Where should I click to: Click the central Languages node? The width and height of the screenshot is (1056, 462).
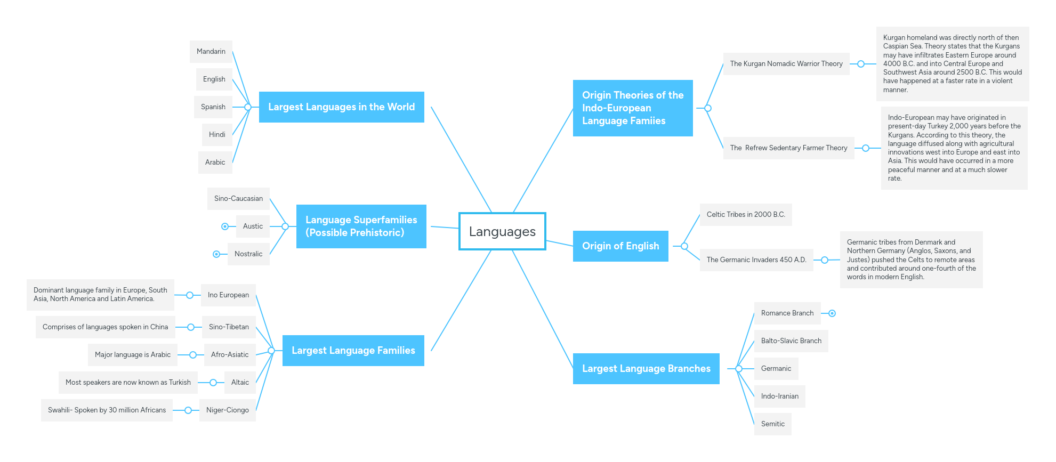point(502,231)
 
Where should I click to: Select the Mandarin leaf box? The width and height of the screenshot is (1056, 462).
point(211,52)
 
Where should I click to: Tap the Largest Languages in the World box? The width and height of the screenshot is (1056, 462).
point(341,107)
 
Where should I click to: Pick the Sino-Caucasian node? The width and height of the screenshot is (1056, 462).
point(238,199)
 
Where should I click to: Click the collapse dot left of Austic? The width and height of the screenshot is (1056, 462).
point(225,226)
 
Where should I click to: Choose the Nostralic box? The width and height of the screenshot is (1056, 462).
point(248,254)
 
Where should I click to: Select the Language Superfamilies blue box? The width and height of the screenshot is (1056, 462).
point(361,226)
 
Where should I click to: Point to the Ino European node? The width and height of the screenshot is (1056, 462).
point(228,295)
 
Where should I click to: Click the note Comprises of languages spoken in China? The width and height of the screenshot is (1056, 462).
point(105,327)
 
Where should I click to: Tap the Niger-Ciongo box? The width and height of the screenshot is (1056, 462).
point(228,410)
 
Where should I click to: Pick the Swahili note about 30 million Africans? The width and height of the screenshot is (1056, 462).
point(107,410)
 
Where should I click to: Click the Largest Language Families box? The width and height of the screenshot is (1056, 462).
point(353,351)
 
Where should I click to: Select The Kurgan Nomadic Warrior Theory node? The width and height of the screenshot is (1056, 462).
point(786,64)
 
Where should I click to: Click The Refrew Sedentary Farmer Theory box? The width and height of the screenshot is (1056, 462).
point(788,148)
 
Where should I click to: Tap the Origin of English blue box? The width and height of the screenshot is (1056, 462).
point(620,246)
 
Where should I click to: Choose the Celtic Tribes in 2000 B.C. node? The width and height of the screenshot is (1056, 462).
point(746,215)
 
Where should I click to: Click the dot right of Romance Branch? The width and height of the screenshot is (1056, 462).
point(832,313)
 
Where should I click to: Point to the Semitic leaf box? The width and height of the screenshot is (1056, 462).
point(772,424)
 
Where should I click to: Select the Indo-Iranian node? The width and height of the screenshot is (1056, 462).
point(779,396)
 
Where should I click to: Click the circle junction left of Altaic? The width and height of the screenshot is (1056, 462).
point(213,383)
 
